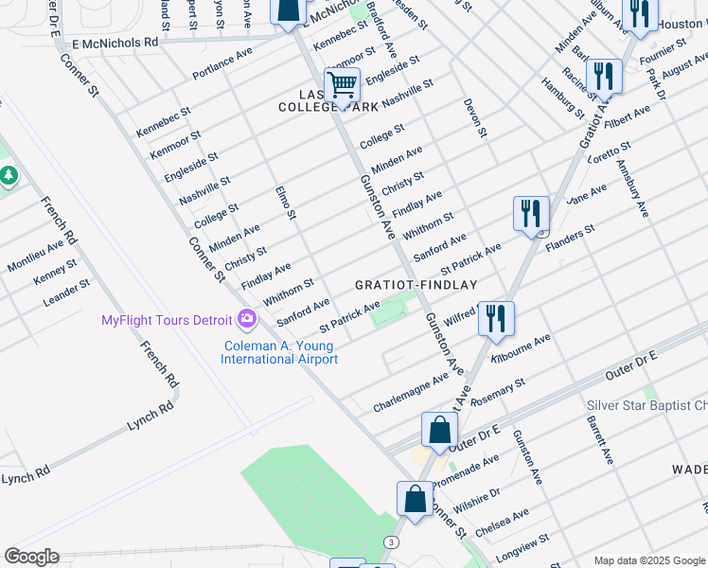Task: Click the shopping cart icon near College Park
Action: [x=342, y=84]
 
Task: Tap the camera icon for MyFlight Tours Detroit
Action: [x=248, y=318]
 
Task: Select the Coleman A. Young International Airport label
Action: [x=279, y=353]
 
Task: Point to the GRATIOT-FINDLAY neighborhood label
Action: [x=416, y=284]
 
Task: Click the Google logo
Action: [x=31, y=557]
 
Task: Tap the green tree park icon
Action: [x=9, y=176]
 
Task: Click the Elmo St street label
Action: [x=286, y=204]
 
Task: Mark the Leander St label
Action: [x=66, y=293]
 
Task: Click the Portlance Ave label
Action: [x=222, y=62]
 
